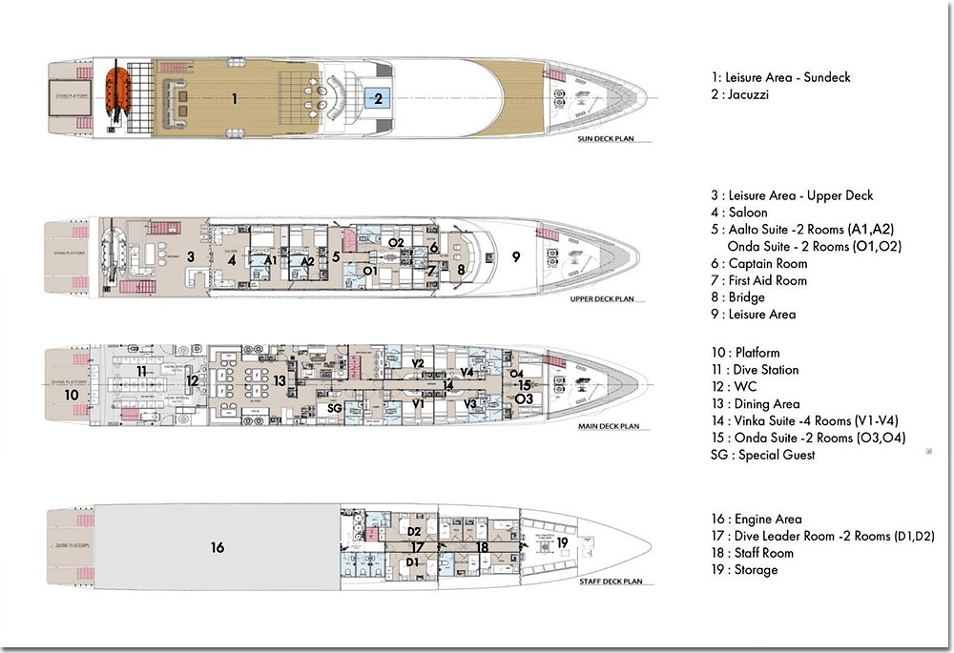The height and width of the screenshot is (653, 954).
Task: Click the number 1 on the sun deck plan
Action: pos(234,97)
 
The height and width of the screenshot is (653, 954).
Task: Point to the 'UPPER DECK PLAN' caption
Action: pos(602,298)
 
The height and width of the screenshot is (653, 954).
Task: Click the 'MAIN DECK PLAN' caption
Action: pos(607,426)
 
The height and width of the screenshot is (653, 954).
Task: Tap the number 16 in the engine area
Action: pos(218,547)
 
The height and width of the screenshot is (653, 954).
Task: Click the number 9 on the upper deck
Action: pos(516,255)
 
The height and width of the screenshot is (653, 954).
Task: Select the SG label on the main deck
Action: pos(334,408)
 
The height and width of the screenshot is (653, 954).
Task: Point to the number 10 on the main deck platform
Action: pos(72,394)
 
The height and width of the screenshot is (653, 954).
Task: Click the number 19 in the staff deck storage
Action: pos(562,542)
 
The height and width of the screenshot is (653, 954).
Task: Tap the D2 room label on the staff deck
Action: pos(413,531)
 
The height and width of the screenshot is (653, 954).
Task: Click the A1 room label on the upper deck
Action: pos(271,259)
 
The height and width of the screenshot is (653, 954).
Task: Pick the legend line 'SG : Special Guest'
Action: pos(762,455)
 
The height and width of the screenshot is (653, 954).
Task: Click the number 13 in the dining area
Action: pos(280,380)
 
